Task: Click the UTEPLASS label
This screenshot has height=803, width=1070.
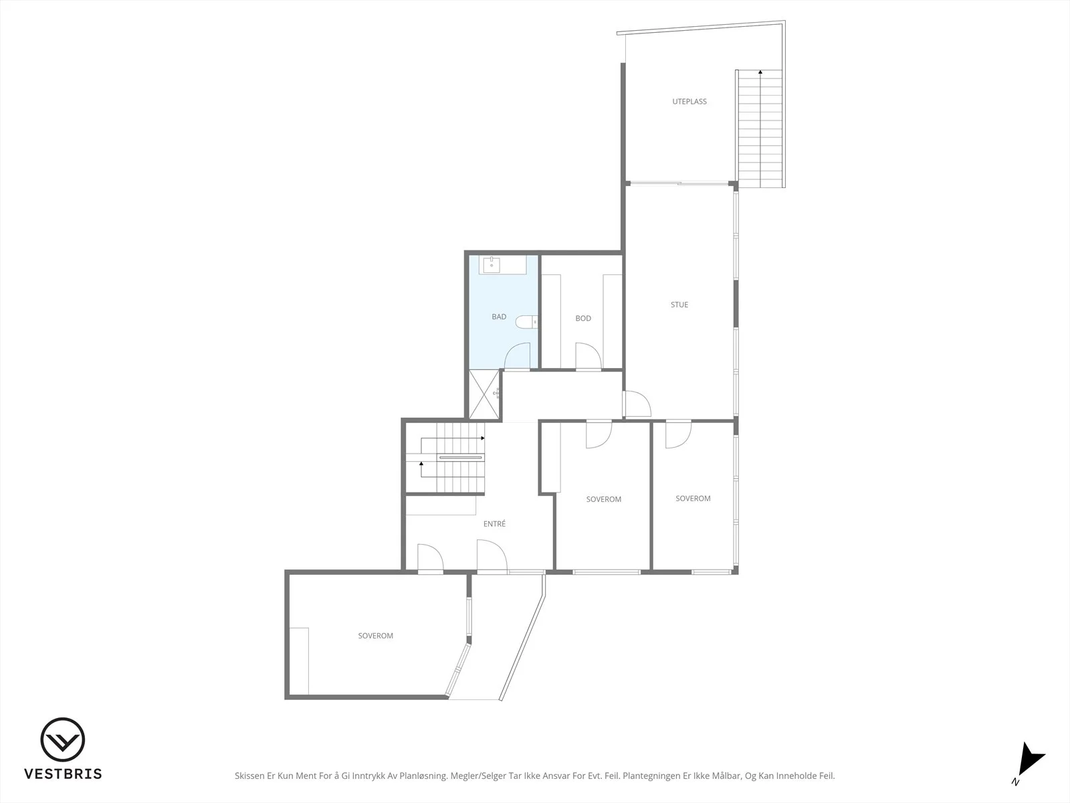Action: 689,102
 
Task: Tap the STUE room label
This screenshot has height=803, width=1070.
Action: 679,304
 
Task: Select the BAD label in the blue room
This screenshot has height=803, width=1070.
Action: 499,317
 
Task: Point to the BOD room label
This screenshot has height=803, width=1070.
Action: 583,319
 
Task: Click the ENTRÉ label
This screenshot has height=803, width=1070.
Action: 494,524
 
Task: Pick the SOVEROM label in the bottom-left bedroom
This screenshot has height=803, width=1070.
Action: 375,636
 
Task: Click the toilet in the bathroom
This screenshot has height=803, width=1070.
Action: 526,322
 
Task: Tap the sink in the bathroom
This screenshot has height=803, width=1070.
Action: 492,265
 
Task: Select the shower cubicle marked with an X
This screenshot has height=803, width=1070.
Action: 484,394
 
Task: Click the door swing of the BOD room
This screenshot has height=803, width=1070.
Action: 588,357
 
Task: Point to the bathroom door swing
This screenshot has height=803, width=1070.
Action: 517,357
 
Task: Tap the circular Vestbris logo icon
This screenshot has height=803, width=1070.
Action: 63,739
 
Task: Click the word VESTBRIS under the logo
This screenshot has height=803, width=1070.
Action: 63,774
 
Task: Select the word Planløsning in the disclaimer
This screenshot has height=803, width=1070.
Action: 423,776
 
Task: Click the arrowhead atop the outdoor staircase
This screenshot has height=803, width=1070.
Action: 760,72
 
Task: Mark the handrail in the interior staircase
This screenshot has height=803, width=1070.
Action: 461,457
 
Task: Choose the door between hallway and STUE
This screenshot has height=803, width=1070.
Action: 637,404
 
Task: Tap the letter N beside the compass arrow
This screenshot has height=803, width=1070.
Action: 1015,782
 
